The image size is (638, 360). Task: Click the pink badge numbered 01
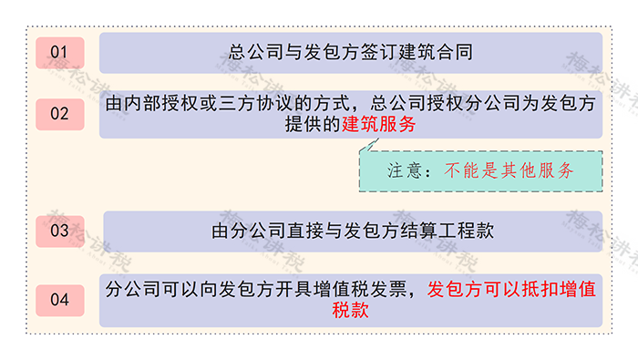[59, 52]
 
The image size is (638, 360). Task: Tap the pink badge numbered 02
[59, 114]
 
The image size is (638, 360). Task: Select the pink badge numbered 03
[59, 231]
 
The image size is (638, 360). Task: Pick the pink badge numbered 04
[59, 299]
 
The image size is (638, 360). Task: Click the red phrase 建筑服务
[378, 125]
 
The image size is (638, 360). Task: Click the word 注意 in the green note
[405, 170]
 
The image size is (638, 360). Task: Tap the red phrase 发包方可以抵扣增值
[511, 290]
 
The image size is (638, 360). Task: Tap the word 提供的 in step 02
[312, 125]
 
